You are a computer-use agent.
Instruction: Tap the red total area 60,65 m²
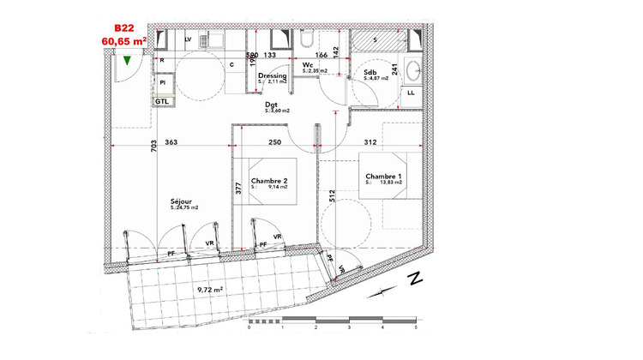point(123,40)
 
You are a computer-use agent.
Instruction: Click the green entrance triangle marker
point(127,61)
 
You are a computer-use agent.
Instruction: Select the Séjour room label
point(181,201)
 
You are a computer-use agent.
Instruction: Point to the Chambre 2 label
point(270,180)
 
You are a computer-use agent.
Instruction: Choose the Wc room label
point(306,64)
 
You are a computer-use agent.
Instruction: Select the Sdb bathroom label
point(370,73)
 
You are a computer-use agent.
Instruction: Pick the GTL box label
point(162,101)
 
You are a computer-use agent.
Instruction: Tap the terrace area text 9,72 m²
point(210,291)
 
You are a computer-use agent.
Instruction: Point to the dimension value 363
point(171,142)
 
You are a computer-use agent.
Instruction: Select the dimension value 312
point(370,142)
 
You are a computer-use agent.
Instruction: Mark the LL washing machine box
point(412,93)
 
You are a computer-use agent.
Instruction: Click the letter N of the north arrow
point(414,278)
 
